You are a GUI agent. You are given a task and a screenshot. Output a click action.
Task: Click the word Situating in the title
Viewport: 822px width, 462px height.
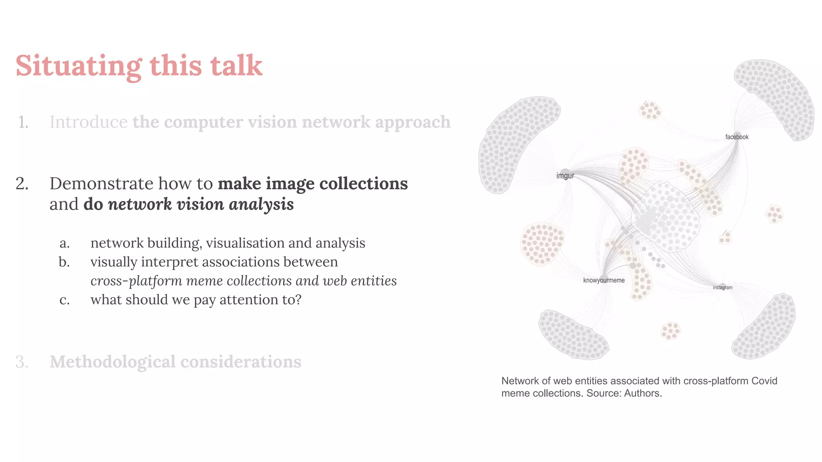(79, 66)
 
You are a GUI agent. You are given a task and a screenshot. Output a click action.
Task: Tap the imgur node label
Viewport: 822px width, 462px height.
(565, 176)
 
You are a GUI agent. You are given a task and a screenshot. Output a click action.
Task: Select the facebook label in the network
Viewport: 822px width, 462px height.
(737, 137)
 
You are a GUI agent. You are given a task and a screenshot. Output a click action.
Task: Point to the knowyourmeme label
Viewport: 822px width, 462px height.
(604, 280)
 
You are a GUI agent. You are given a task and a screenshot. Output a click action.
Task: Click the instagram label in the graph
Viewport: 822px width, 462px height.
(722, 288)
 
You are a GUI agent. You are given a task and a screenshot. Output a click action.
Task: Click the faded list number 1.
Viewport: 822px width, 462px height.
(23, 122)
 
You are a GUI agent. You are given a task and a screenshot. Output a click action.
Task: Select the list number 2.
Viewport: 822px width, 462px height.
(22, 184)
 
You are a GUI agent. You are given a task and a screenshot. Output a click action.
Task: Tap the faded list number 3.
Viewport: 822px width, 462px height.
(22, 362)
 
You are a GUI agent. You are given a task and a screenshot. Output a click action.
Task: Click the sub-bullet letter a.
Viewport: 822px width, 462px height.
(64, 243)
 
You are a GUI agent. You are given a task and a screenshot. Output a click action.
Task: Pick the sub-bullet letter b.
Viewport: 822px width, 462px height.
(64, 262)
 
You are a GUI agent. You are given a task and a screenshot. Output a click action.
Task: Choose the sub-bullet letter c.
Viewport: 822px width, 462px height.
(64, 300)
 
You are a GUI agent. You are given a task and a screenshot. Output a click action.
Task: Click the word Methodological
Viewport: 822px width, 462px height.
(112, 362)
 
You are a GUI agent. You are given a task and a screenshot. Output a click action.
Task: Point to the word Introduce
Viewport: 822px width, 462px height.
(88, 122)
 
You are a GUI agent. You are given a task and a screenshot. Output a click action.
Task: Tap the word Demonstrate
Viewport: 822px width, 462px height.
(101, 184)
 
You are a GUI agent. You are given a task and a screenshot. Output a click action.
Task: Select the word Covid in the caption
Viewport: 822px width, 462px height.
(764, 381)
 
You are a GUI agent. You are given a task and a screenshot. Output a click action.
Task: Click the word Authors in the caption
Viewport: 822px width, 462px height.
(642, 393)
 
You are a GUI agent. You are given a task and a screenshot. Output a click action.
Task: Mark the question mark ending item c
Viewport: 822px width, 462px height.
(298, 300)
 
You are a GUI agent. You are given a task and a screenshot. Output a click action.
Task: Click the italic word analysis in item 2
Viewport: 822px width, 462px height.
(261, 205)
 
